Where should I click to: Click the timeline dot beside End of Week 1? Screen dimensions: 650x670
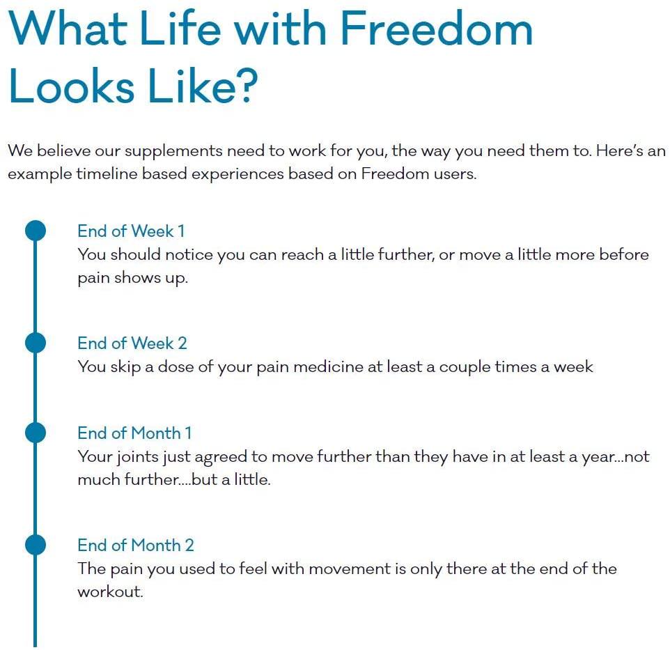[x=35, y=231]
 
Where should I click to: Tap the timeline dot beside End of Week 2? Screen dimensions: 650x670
[x=35, y=343]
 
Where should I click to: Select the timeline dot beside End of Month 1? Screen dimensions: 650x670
[x=35, y=433]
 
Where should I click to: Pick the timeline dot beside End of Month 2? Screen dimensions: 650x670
[x=35, y=545]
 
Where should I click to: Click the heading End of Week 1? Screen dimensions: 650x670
[x=131, y=231]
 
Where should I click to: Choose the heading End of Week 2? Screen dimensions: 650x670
[x=132, y=343]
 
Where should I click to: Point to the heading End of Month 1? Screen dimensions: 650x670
[x=134, y=433]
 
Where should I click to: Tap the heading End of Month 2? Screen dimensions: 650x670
[x=136, y=545]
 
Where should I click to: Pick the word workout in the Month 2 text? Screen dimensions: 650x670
[x=109, y=593]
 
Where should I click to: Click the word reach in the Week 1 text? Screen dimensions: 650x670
[x=303, y=254]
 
